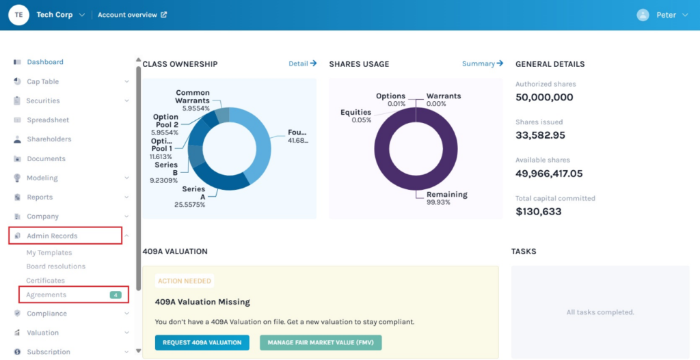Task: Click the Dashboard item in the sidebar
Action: [45, 62]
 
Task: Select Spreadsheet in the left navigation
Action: [48, 120]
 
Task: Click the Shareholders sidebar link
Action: [49, 139]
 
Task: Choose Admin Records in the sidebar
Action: [52, 236]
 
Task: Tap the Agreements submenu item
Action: [46, 295]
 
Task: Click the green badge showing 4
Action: [116, 295]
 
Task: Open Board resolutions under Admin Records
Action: [56, 266]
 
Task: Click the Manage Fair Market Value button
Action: [321, 342]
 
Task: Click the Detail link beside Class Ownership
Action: [302, 64]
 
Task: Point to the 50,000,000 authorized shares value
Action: [544, 97]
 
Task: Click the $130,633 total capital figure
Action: [539, 212]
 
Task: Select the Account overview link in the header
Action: [132, 15]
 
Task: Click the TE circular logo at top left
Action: [18, 15]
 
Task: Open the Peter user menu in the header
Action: [662, 15]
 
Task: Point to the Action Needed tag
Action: [185, 281]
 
